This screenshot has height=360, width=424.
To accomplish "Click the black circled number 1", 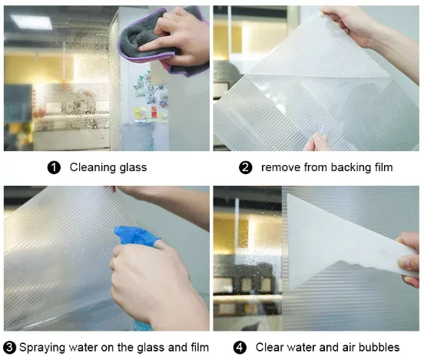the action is (54, 167).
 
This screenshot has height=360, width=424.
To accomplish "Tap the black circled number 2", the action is (245, 167).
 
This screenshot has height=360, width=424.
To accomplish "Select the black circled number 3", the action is (9, 347).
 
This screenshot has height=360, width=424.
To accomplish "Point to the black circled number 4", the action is (240, 347).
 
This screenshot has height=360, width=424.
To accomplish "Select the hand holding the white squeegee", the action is (409, 259).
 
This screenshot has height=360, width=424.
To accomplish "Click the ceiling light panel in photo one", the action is (31, 21).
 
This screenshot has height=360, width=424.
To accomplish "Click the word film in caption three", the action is (199, 347).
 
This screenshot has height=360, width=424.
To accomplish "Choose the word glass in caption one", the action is (134, 168).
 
